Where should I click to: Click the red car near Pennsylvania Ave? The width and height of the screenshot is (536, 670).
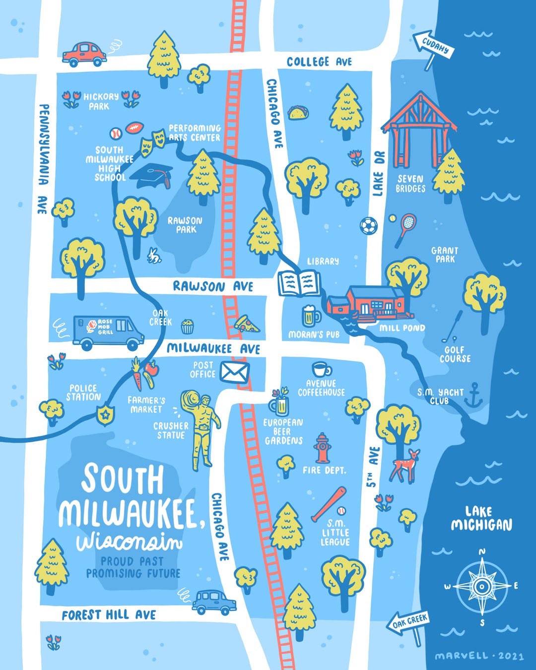[x=84, y=54]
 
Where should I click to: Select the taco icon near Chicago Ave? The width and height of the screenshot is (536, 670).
[x=298, y=113]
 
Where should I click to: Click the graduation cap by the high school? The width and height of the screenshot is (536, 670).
[x=154, y=175]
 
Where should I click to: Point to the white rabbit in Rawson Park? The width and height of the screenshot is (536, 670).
[x=154, y=256]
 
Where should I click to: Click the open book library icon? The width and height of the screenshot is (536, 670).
[x=299, y=283]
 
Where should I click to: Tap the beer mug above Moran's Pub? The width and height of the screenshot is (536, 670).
[x=310, y=316]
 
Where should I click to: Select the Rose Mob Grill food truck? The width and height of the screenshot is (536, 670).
[x=108, y=331]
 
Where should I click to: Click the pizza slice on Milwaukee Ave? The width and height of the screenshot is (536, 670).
[x=246, y=324]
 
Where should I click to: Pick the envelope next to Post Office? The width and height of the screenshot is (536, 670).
[x=234, y=372]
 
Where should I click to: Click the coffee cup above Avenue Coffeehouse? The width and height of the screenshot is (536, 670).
[x=322, y=370]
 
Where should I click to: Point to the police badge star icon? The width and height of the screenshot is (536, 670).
[x=105, y=415]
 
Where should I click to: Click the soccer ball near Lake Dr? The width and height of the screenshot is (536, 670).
[x=368, y=226]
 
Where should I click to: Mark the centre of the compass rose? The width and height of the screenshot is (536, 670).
[x=481, y=586]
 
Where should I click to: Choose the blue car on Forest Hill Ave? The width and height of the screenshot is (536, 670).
[x=214, y=602]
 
